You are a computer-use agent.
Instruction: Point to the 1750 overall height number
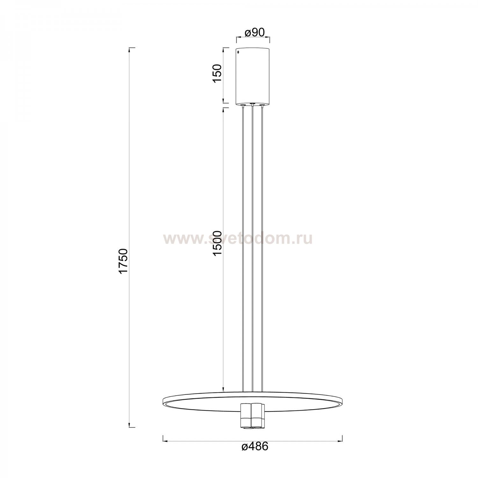click(x=123, y=261)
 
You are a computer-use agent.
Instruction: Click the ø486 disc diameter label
click(x=255, y=446)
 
